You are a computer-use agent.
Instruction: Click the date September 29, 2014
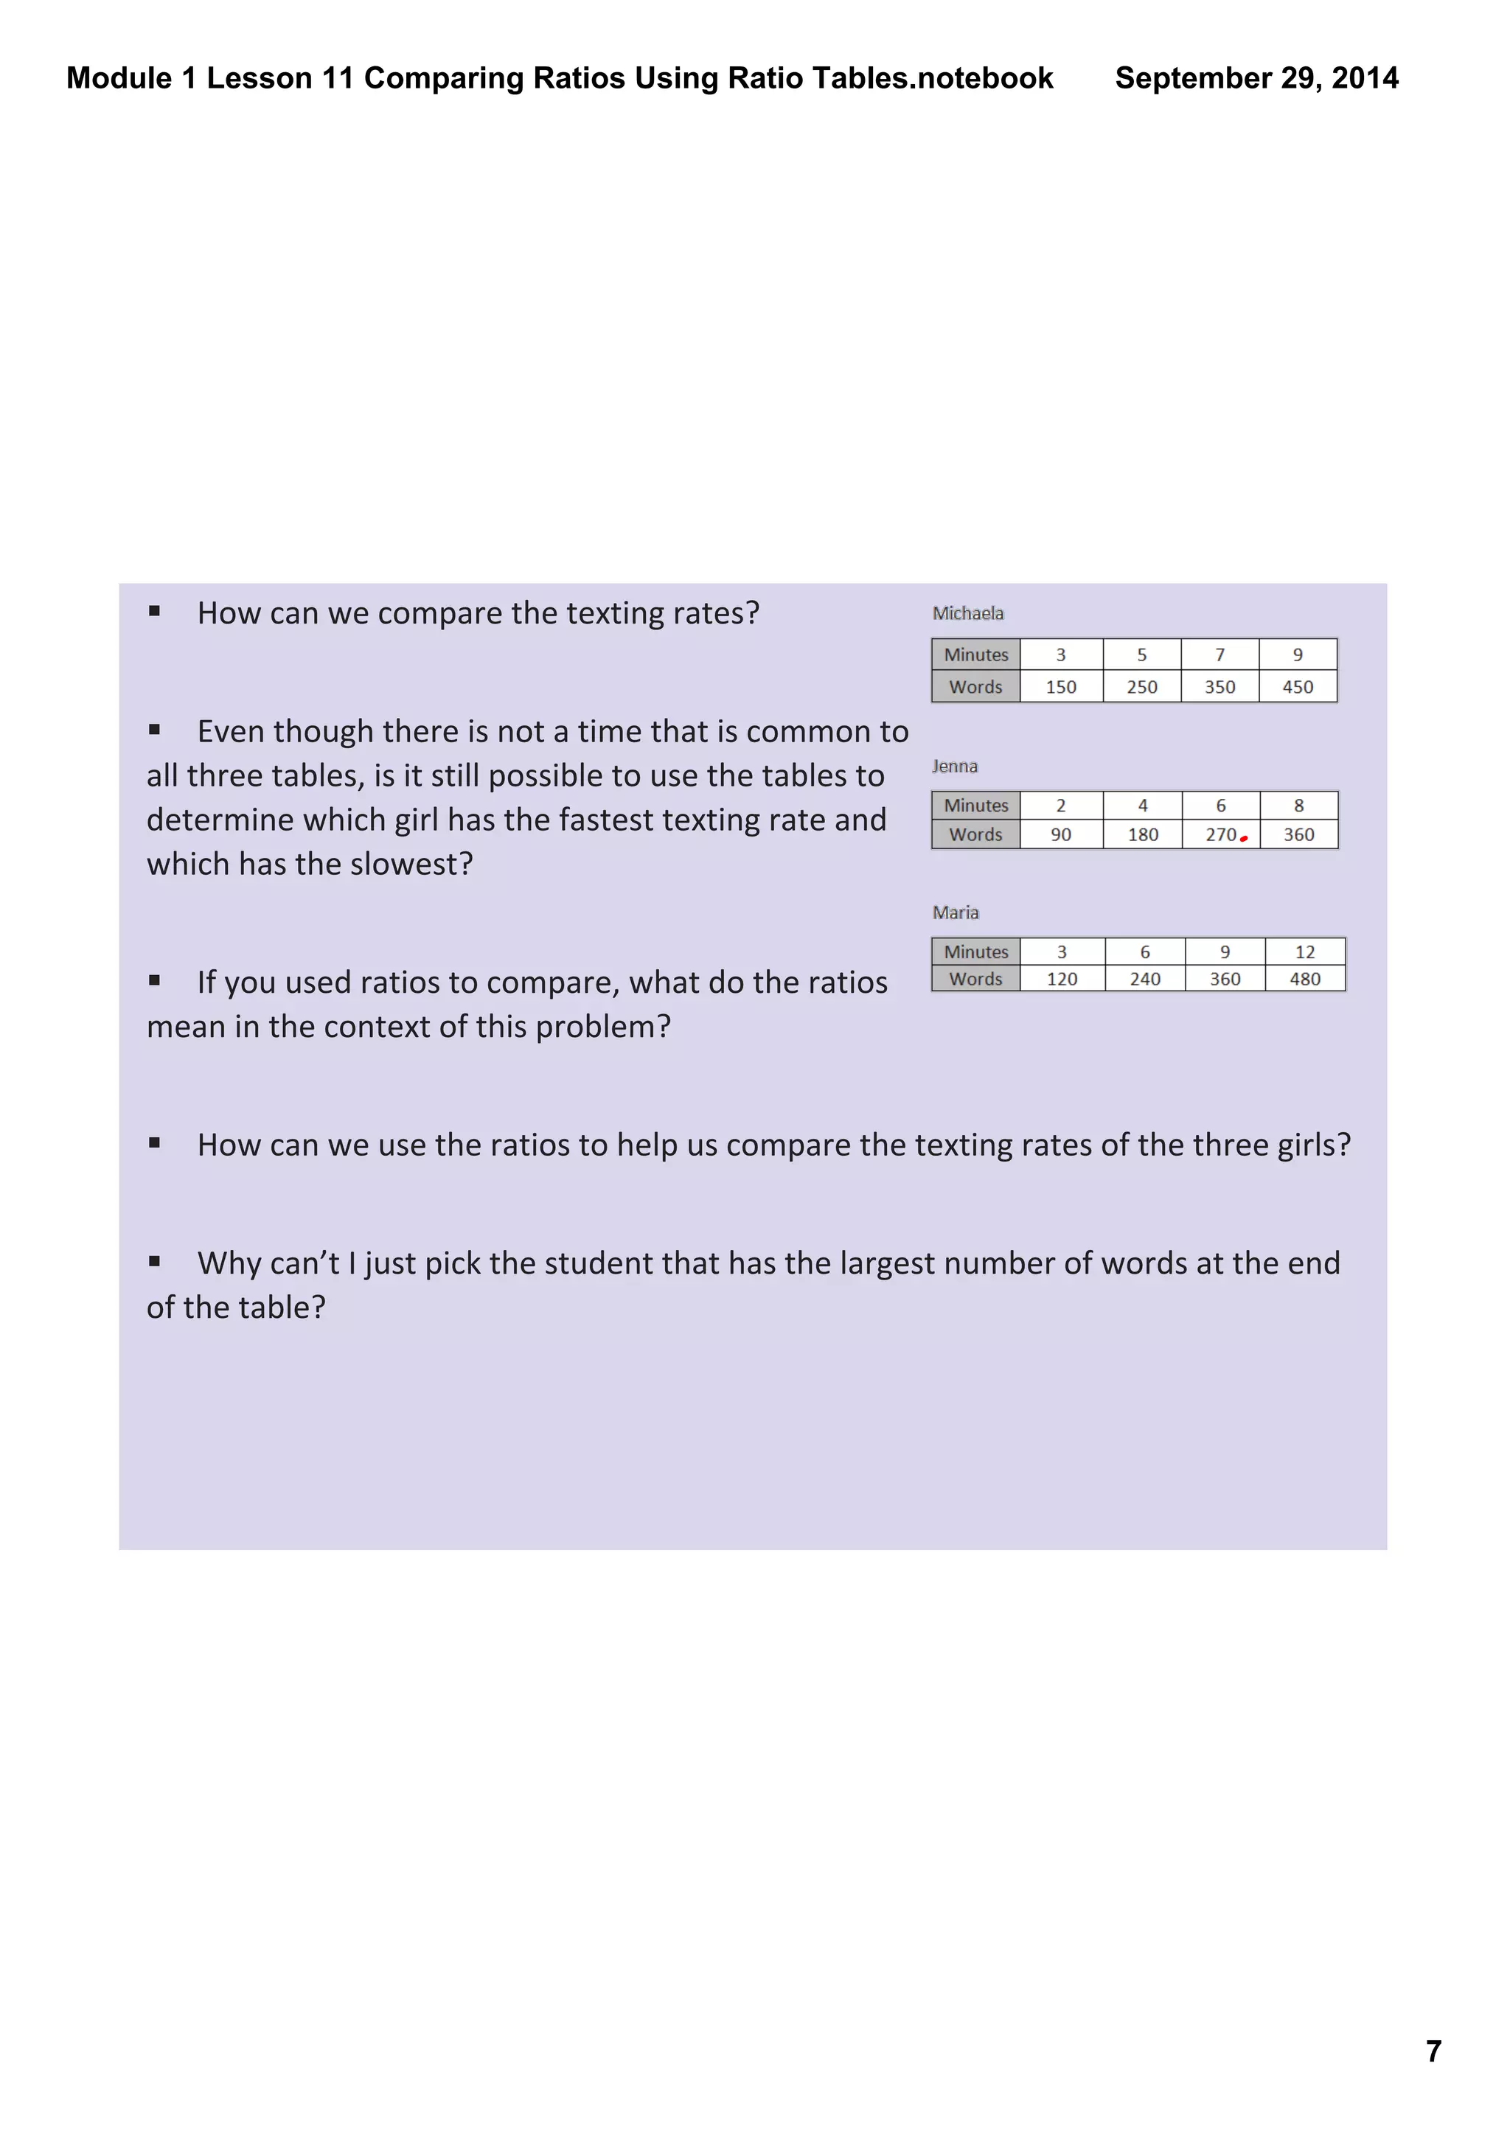pos(1256,78)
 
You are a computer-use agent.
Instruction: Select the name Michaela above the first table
pos(967,613)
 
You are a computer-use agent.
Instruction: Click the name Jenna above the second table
pos(955,766)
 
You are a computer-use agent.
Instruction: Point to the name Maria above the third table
pos(956,912)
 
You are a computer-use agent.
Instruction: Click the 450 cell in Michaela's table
pos(1297,687)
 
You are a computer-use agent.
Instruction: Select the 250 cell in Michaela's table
pos(1141,687)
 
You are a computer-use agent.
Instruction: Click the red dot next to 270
pos(1244,838)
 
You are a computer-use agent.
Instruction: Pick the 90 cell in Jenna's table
pos(1061,834)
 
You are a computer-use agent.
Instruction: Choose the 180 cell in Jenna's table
pos(1143,834)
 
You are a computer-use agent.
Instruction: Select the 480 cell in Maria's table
pos(1304,979)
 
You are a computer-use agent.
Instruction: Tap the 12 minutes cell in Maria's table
pos(1304,952)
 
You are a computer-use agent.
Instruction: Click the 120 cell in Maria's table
pos(1062,979)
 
